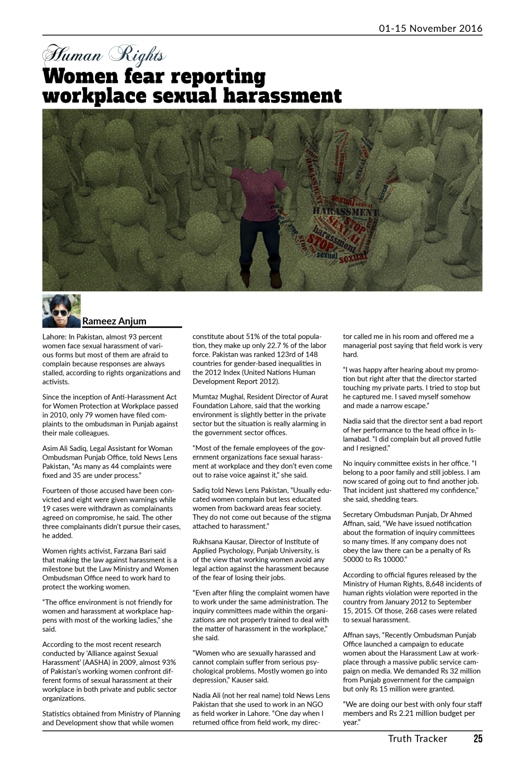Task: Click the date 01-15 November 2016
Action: [430, 29]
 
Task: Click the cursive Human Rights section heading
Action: [104, 55]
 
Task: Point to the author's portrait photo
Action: [61, 311]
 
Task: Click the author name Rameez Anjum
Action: [114, 321]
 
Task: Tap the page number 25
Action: [478, 738]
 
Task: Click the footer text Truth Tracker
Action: [417, 738]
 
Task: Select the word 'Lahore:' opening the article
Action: [54, 337]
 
